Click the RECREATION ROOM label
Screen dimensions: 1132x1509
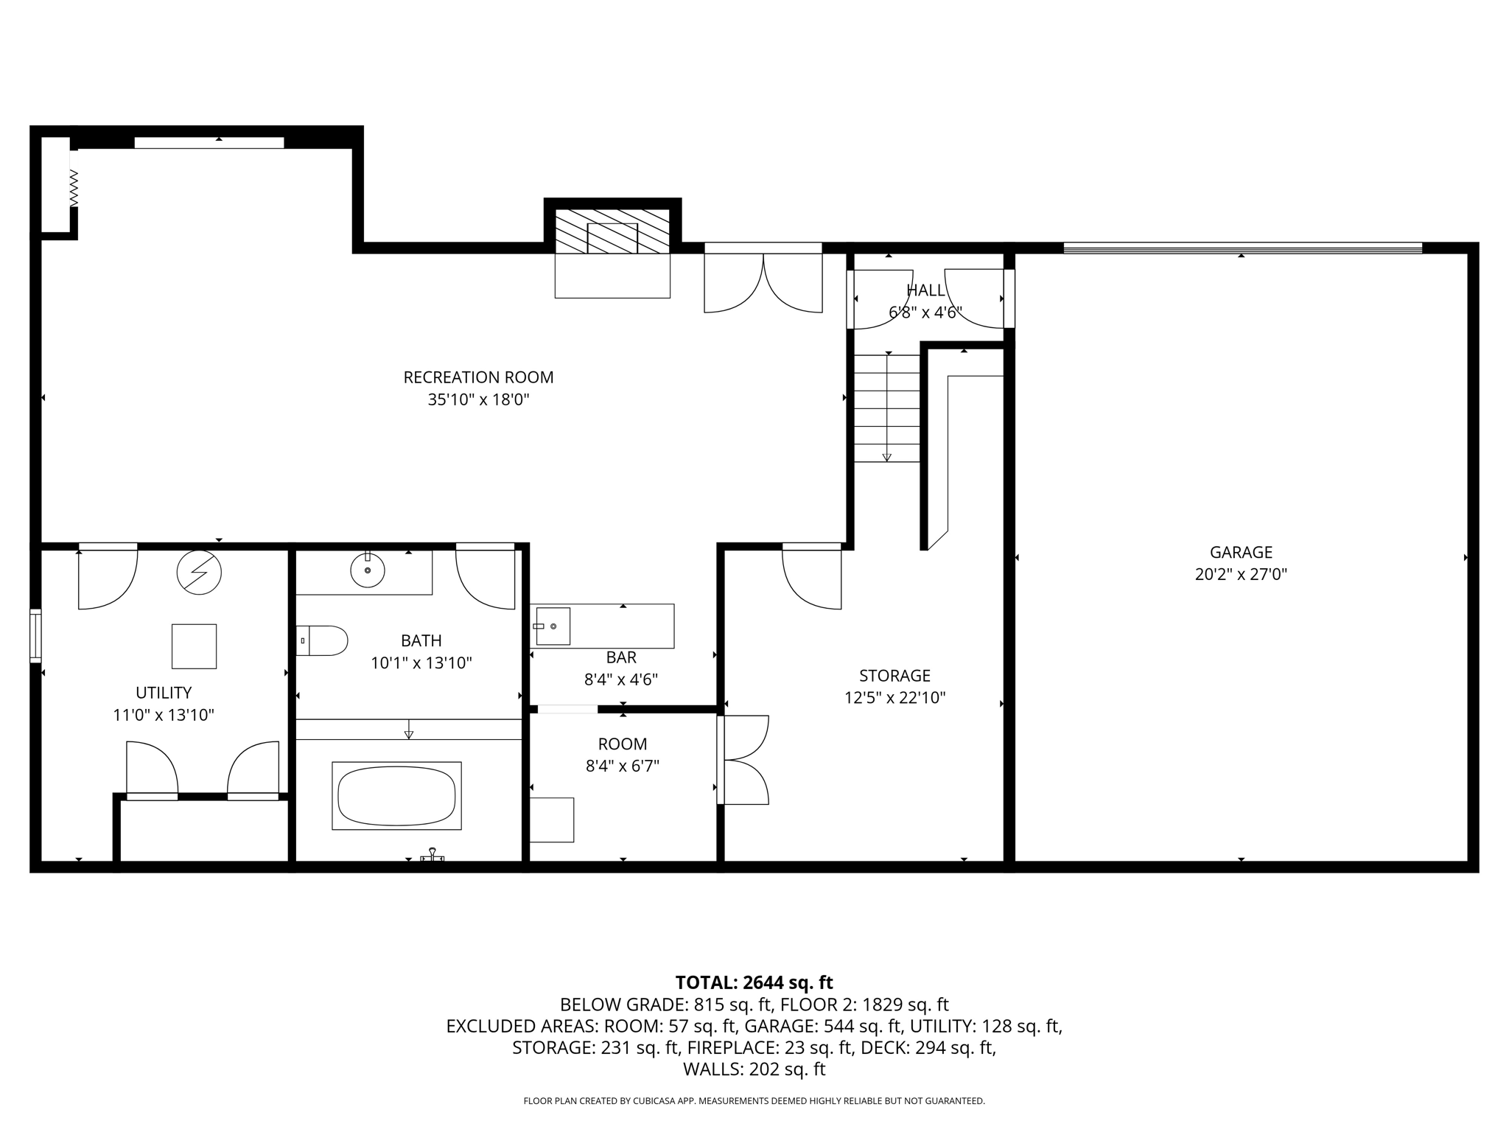(478, 377)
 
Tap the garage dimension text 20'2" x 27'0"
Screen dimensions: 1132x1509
(1241, 574)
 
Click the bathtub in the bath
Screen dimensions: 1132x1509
(396, 796)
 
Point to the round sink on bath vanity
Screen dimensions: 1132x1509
(367, 570)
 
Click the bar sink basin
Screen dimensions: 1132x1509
(553, 626)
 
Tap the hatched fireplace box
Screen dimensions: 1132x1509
(612, 231)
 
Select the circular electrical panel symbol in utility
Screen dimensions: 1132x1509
(199, 572)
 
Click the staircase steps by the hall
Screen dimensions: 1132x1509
(886, 408)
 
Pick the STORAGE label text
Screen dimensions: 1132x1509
(894, 676)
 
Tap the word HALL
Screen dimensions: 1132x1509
(925, 290)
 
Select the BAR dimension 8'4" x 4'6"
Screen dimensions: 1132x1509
(621, 679)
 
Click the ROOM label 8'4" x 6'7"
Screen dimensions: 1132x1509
(623, 766)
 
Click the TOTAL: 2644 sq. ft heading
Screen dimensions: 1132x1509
(754, 982)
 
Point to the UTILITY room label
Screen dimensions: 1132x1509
(164, 693)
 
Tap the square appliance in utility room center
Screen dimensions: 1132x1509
(194, 646)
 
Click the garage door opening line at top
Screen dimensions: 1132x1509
(1242, 248)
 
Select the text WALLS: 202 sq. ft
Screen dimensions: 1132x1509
(754, 1069)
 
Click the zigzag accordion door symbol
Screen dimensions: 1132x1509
(74, 188)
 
